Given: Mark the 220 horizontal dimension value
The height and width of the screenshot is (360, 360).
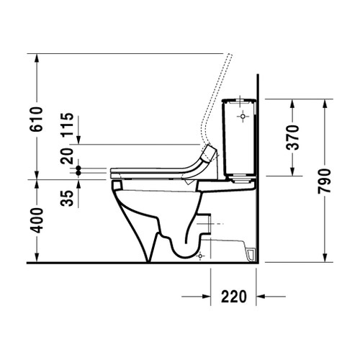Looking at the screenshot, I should [x=235, y=296].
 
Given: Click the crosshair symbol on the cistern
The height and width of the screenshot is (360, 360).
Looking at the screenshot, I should [x=243, y=114].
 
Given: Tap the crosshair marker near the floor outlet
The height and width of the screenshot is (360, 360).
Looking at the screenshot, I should [x=202, y=256].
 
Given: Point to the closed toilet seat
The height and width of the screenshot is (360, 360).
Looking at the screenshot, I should [x=155, y=171].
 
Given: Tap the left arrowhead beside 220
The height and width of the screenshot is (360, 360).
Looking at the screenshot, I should [x=204, y=296].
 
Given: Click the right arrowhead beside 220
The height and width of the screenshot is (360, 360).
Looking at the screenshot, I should [x=264, y=296].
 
